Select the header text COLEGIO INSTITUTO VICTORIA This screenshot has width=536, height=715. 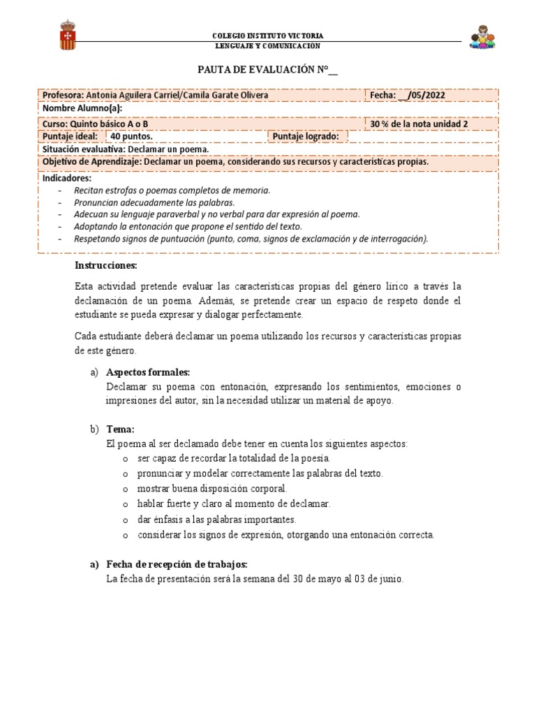coord(267,36)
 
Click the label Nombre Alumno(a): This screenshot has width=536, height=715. coord(82,109)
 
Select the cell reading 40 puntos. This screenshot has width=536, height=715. coord(131,136)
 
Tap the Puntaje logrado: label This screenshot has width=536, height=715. coord(306,136)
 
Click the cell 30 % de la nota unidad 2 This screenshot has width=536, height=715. coord(418,124)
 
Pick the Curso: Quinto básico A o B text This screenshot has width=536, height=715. coord(96,124)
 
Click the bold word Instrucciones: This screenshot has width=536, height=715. coord(106,266)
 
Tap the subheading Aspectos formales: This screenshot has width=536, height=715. coord(148,372)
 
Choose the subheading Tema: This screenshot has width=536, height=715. coord(120,429)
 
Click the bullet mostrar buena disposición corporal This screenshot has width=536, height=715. coord(212,488)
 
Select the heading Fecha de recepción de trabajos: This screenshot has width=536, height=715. coord(177,564)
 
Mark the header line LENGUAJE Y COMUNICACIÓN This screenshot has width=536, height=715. coord(267,45)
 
